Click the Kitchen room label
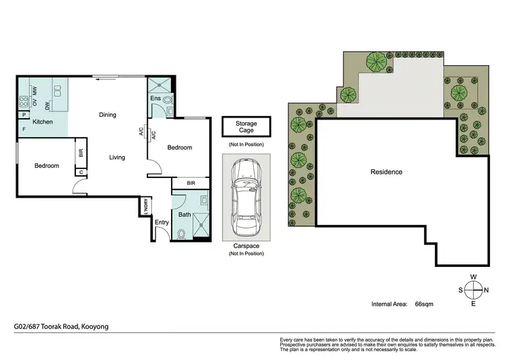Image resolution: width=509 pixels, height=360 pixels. [x=43, y=122]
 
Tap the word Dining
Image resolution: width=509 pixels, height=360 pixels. [x=108, y=114]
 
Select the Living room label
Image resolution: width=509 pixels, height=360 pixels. [x=117, y=158]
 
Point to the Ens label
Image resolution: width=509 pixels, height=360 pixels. [x=155, y=99]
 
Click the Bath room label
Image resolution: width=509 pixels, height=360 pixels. [x=184, y=215]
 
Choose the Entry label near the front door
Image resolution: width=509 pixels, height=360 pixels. [x=162, y=222]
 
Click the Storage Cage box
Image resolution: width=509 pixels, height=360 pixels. [x=246, y=127]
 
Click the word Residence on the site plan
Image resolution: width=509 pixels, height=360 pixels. [x=386, y=172]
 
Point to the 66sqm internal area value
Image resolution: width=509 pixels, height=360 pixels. [x=424, y=304]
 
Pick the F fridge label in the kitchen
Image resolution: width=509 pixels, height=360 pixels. [x=24, y=128]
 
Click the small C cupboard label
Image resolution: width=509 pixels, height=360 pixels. [x=81, y=173]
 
